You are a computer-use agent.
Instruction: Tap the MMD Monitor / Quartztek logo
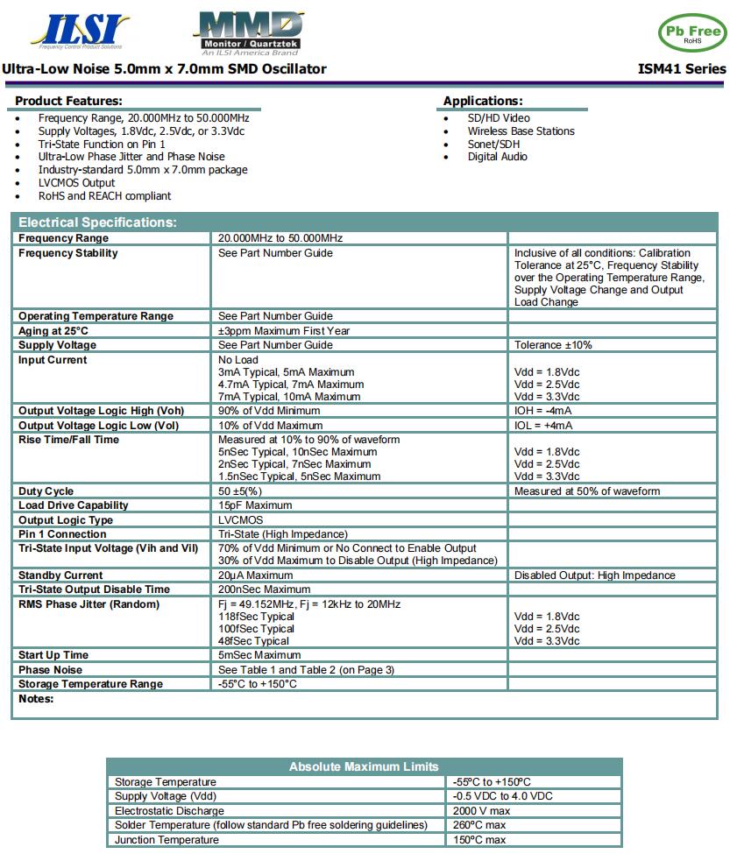pyautogui.click(x=249, y=32)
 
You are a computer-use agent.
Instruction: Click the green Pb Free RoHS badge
pyautogui.click(x=692, y=33)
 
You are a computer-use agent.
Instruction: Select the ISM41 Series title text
pyautogui.click(x=682, y=69)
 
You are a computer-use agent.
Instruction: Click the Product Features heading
pyautogui.click(x=68, y=101)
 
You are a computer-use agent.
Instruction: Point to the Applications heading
pyautogui.click(x=482, y=101)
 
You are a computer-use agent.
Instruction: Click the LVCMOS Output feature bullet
pyautogui.click(x=76, y=183)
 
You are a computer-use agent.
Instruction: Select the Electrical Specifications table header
pyautogui.click(x=97, y=222)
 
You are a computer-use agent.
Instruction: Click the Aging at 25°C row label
pyautogui.click(x=53, y=331)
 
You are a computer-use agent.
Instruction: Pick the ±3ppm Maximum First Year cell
pyautogui.click(x=284, y=331)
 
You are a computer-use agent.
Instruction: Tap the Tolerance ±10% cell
pyautogui.click(x=553, y=345)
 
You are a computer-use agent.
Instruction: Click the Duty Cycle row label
pyautogui.click(x=46, y=491)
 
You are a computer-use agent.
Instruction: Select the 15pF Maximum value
pyautogui.click(x=255, y=505)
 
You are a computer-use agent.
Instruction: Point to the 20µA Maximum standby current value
pyautogui.click(x=255, y=575)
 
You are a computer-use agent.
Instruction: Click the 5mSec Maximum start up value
pyautogui.click(x=259, y=655)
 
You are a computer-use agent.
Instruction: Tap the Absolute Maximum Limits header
pyautogui.click(x=364, y=766)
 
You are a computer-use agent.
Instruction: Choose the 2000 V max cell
pyautogui.click(x=481, y=811)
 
